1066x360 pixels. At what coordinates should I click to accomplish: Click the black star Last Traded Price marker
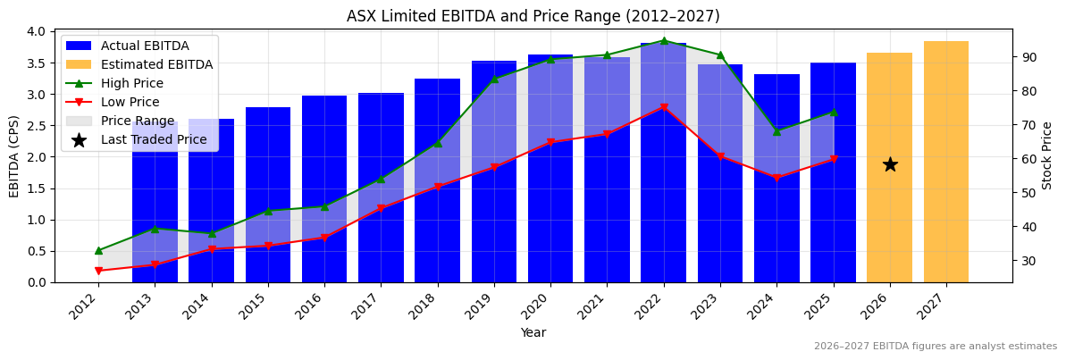click(x=890, y=164)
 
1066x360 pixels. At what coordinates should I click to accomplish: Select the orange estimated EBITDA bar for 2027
click(x=946, y=162)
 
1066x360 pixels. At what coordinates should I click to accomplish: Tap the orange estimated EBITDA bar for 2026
click(x=890, y=223)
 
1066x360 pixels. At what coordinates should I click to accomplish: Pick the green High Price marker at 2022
click(x=664, y=40)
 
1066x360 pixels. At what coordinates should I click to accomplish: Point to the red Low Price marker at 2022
click(x=664, y=107)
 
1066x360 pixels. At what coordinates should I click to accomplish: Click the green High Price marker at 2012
click(x=98, y=250)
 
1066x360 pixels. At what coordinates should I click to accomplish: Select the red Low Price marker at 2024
click(x=776, y=178)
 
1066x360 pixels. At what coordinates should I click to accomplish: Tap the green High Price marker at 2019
click(x=494, y=79)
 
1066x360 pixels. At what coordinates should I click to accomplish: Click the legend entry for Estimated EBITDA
click(x=156, y=64)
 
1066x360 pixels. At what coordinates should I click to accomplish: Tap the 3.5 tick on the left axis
click(x=36, y=63)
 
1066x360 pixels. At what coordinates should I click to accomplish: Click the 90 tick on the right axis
click(x=1028, y=57)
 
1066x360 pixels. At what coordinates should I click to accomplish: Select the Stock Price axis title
click(x=1047, y=155)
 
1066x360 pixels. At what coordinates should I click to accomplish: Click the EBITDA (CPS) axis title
click(x=14, y=155)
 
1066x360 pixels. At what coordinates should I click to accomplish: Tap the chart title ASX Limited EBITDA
click(x=533, y=16)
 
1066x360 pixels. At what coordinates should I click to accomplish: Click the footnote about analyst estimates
click(x=935, y=347)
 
